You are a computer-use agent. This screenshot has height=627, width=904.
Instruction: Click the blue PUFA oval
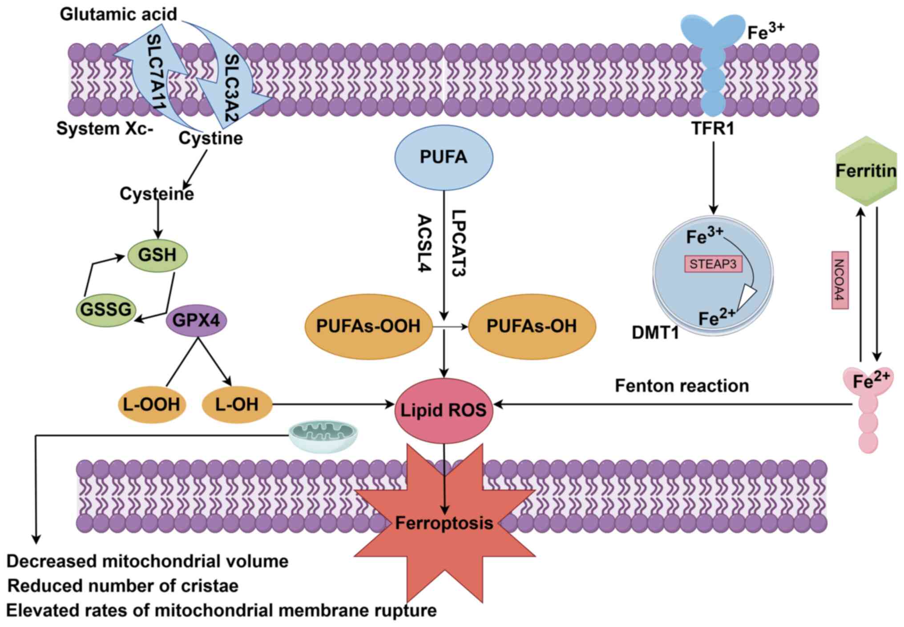(444, 157)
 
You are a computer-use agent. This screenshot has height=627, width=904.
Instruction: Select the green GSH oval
(157, 255)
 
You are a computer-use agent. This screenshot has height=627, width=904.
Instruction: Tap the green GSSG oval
(106, 309)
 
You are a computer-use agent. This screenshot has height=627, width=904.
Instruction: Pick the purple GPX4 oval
(196, 320)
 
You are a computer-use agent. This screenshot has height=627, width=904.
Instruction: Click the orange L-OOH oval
(152, 405)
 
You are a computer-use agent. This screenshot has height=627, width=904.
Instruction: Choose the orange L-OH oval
(237, 405)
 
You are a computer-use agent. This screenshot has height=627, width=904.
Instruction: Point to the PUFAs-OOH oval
(368, 326)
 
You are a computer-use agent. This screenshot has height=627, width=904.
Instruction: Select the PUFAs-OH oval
(532, 326)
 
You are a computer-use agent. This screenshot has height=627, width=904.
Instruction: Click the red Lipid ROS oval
(444, 410)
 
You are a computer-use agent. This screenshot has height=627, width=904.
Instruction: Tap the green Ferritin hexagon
(866, 171)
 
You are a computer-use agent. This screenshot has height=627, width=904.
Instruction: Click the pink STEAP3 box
(713, 264)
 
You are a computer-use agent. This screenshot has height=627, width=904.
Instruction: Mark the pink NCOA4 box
(839, 280)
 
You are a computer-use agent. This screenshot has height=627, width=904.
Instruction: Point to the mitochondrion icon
(323, 436)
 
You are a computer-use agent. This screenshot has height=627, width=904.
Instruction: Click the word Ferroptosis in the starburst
(444, 523)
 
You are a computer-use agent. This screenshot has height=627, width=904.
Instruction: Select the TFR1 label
(713, 129)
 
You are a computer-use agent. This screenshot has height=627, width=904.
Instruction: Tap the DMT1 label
(655, 332)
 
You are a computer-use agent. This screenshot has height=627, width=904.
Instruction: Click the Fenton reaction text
(682, 386)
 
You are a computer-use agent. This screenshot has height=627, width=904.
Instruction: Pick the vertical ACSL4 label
(424, 243)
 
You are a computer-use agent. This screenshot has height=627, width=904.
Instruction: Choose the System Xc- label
(105, 129)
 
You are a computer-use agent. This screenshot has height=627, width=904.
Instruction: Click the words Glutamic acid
(118, 14)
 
